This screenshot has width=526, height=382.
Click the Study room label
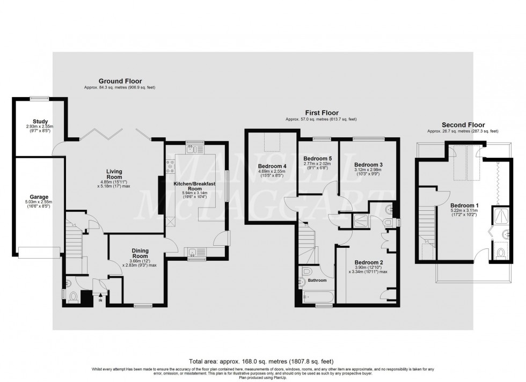(40, 122)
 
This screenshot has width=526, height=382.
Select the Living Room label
(113, 174)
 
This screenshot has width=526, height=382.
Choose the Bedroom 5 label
(318, 159)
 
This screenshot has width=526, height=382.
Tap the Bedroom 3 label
(368, 164)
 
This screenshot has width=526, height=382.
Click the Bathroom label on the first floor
(310, 280)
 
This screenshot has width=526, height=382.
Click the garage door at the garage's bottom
(39, 251)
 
